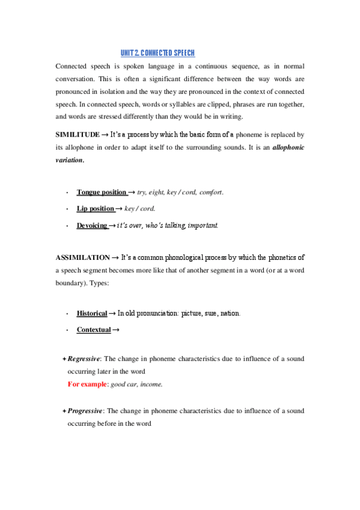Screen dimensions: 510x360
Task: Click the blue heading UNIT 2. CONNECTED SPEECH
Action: (158, 53)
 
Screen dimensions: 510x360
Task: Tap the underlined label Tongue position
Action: (101, 192)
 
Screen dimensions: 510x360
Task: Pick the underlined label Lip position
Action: (95, 209)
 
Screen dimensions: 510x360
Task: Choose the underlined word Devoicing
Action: (92, 226)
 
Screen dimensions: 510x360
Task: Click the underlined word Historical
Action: (91, 313)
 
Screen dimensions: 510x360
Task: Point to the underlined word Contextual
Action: (93, 330)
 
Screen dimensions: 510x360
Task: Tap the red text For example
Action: (87, 384)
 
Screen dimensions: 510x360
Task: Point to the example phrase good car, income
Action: (136, 384)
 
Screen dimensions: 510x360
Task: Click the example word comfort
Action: (210, 192)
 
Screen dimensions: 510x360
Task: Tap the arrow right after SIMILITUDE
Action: (104, 134)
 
